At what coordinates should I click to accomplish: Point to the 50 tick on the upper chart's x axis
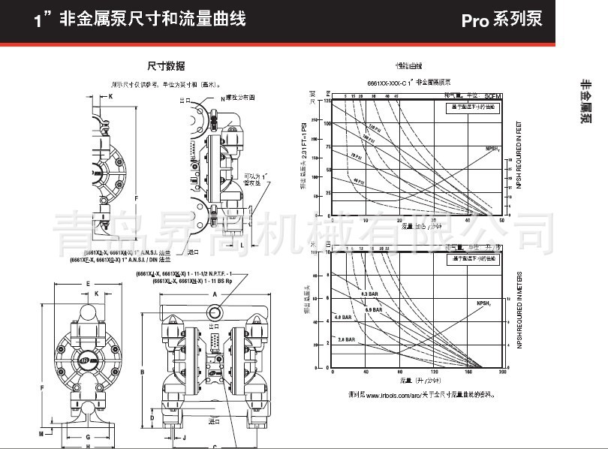(501, 221)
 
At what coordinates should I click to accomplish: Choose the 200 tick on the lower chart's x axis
(502, 372)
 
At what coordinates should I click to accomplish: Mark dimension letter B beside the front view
(141, 372)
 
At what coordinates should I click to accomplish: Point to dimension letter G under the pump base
(88, 435)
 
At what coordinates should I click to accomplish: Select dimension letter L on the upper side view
(242, 244)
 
